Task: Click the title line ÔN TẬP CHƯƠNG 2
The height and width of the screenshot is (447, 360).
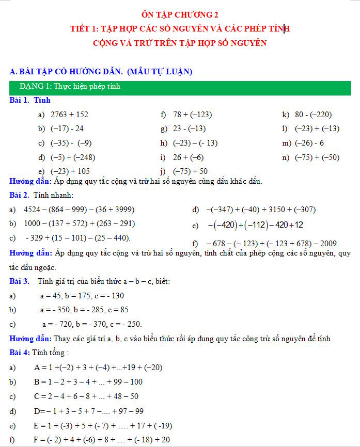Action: pyautogui.click(x=180, y=14)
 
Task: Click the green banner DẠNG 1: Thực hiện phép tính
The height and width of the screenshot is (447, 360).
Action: pyautogui.click(x=70, y=87)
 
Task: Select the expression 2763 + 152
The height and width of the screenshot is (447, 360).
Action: pyautogui.click(x=69, y=115)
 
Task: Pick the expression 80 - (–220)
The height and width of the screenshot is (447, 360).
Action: pyautogui.click(x=313, y=115)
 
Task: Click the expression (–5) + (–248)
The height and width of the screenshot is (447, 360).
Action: pyautogui.click(x=73, y=157)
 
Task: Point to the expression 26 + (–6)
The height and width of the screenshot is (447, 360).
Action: pyautogui.click(x=188, y=157)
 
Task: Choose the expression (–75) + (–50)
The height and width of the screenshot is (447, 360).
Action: pyautogui.click(x=317, y=157)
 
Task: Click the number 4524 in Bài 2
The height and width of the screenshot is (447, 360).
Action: pyautogui.click(x=33, y=210)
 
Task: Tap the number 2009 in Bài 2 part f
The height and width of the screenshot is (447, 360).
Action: pyautogui.click(x=328, y=243)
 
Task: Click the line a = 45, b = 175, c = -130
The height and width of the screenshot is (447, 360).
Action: pyautogui.click(x=82, y=296)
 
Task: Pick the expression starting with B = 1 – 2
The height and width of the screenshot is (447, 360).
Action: pyautogui.click(x=88, y=382)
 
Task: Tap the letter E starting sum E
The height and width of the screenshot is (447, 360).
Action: pyautogui.click(x=36, y=426)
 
